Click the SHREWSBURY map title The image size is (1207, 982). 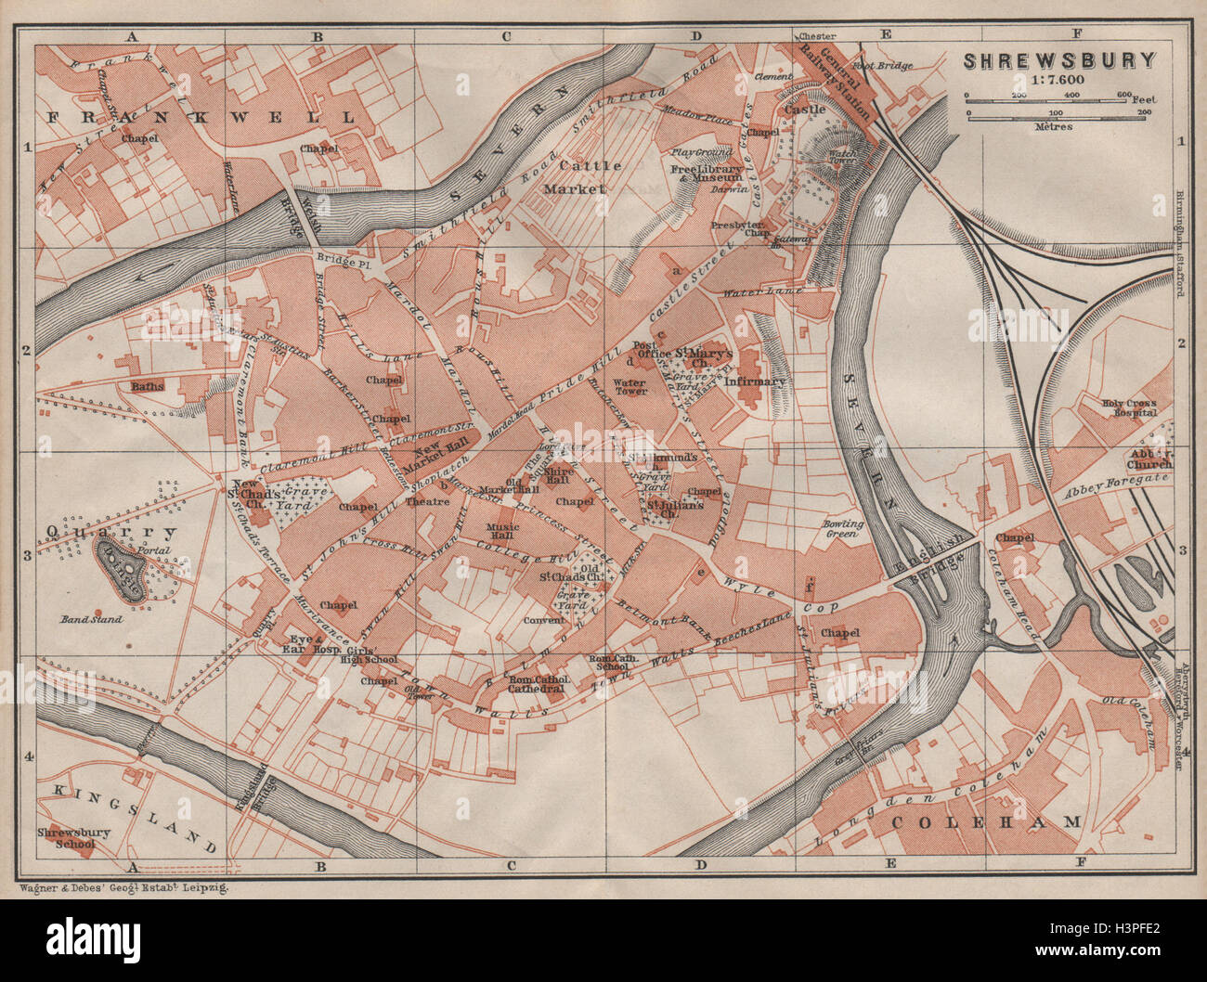1058,61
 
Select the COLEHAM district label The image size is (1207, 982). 987,822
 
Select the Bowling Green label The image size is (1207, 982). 843,530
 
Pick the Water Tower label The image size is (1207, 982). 629,387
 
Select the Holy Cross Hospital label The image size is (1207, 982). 1129,408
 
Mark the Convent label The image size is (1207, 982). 545,620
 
